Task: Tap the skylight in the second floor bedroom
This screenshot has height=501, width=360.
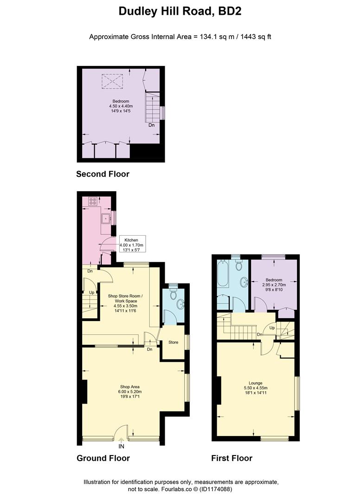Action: pos(111,82)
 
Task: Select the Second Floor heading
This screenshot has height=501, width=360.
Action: pos(103,174)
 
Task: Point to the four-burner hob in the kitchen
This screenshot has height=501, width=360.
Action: pos(92,201)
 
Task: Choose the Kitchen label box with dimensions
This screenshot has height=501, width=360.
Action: pos(132,245)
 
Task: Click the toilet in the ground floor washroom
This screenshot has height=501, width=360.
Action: pos(174,293)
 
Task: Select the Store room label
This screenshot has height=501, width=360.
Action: pos(173,342)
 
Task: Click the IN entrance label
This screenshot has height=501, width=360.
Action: pos(122,447)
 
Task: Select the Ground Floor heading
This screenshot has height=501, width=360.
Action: pos(103,458)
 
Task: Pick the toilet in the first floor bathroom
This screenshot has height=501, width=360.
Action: pos(239,265)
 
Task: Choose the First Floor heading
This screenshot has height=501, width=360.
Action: pos(231,458)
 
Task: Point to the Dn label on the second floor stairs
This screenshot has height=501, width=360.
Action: pos(152,125)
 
